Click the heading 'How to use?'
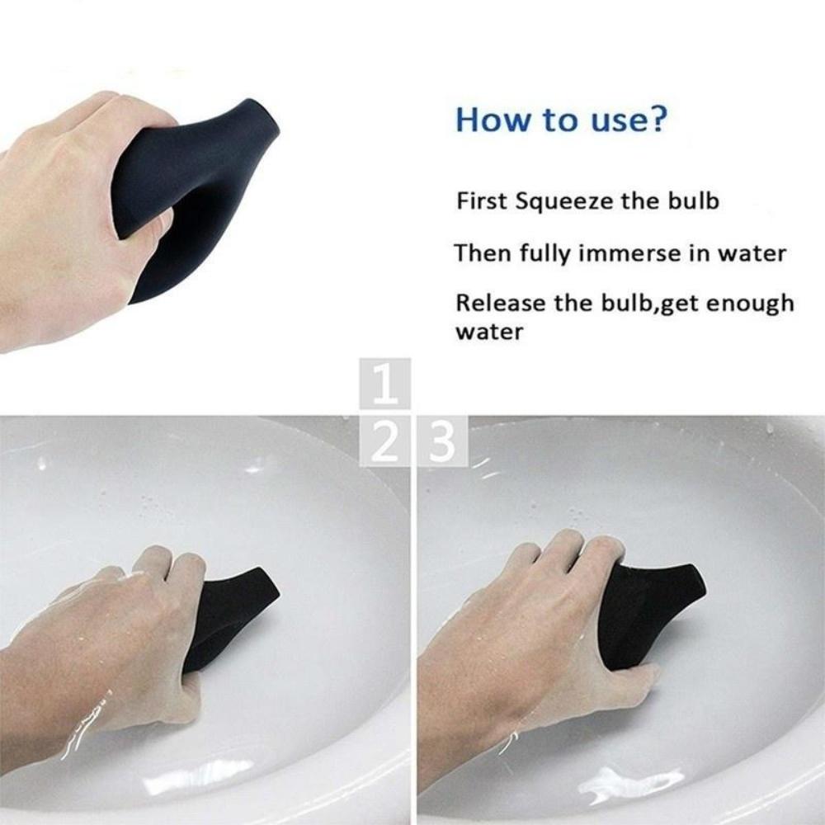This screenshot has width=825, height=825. (x=560, y=119)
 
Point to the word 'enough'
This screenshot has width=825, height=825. (x=746, y=304)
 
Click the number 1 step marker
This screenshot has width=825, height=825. (x=385, y=385)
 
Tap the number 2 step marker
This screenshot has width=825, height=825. (x=385, y=443)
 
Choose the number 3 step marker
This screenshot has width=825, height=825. (x=443, y=443)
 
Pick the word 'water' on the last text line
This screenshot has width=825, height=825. (x=488, y=333)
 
